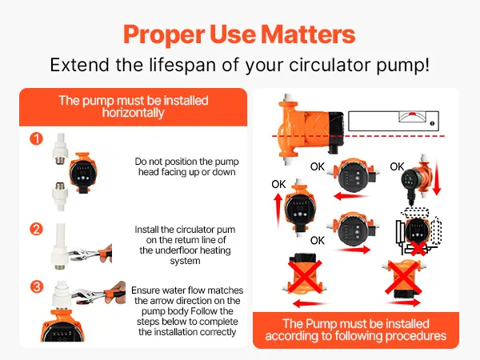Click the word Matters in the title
tap(308, 34)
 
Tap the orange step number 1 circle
tap(37, 138)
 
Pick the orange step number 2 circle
tap(37, 230)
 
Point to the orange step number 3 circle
tap(37, 287)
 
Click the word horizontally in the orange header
tap(133, 113)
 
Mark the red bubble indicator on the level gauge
tap(412, 114)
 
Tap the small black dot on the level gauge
tap(432, 123)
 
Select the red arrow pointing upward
tap(278, 210)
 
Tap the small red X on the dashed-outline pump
tap(418, 248)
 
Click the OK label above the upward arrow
tap(278, 184)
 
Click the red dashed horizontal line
tap(358, 136)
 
